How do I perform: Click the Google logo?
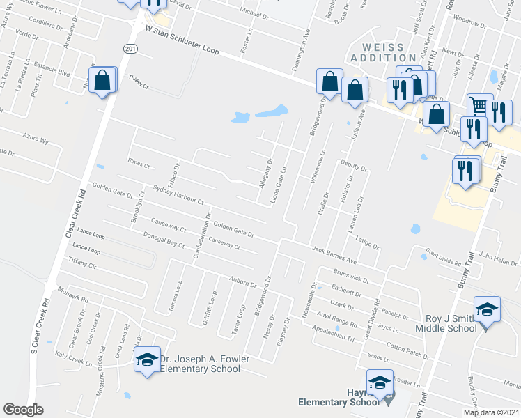point(23,410)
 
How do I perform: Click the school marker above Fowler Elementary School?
point(147,360)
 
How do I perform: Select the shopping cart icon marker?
point(479,107)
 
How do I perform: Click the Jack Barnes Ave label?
point(334,252)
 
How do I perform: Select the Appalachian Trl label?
point(332,333)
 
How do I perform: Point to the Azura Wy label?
point(36,137)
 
